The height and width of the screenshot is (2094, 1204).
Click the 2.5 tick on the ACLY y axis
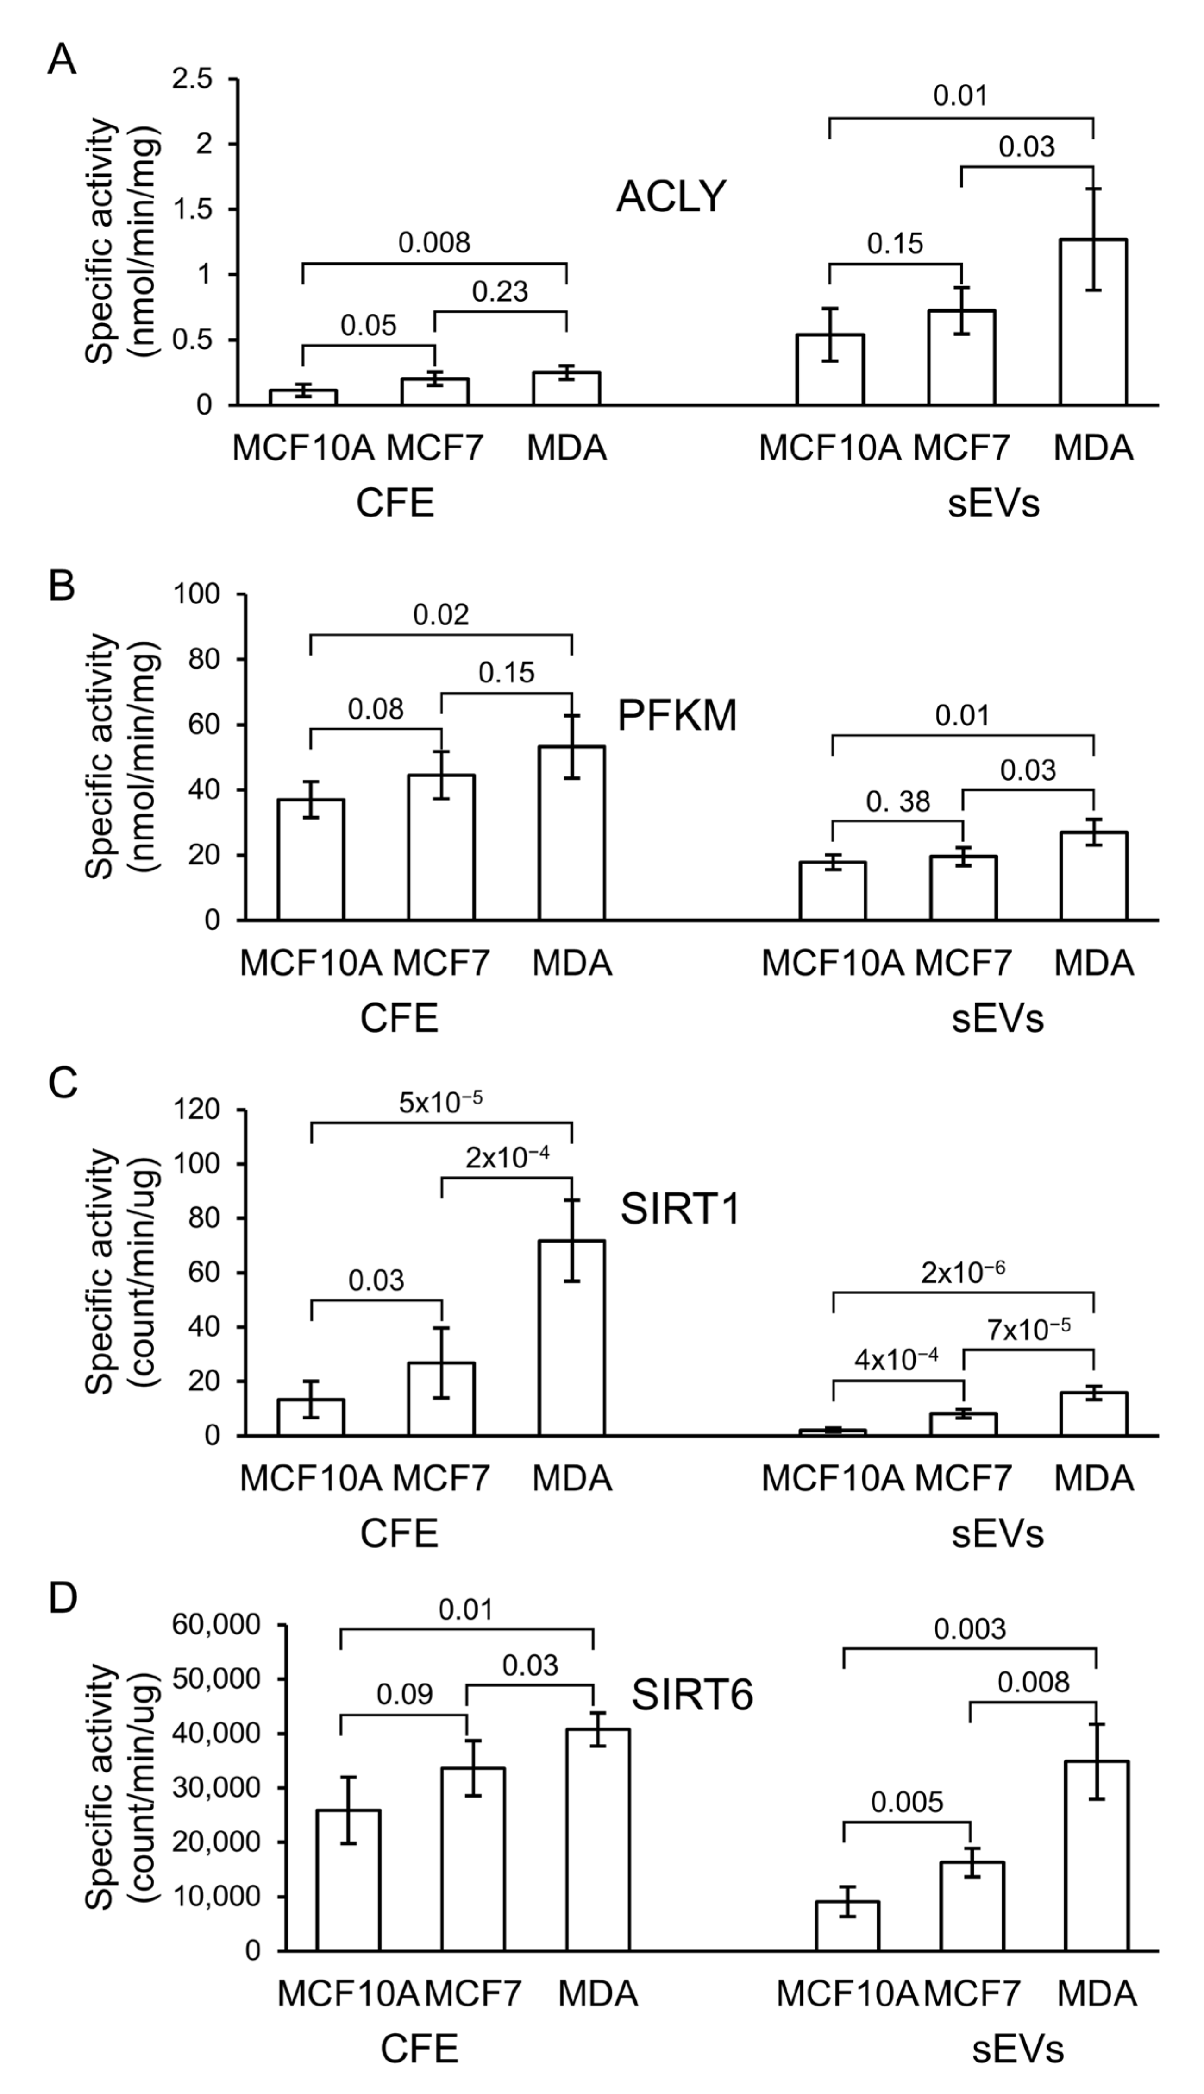click(x=193, y=79)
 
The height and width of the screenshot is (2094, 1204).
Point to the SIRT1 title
click(x=680, y=1211)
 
